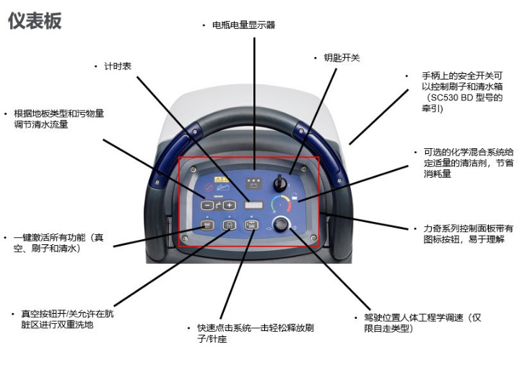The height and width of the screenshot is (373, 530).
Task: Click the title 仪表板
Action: (x=35, y=21)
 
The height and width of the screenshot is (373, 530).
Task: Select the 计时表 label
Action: (x=116, y=66)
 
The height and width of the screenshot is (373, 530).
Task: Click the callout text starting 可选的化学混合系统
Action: (x=468, y=163)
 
